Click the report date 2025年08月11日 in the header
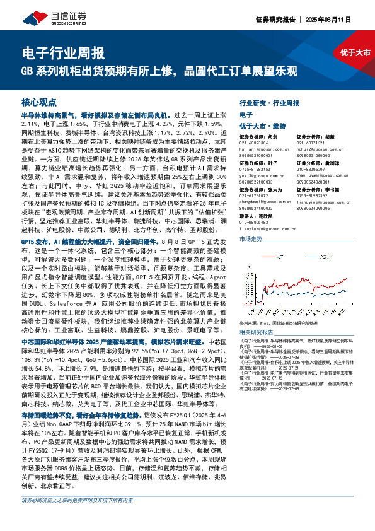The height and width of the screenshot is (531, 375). tap(345, 20)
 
